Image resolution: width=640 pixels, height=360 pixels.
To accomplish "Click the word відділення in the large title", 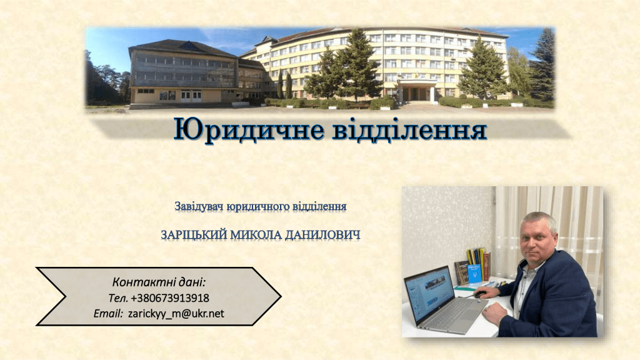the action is (x=410, y=130).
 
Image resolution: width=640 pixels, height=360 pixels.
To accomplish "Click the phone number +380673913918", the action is (x=170, y=298).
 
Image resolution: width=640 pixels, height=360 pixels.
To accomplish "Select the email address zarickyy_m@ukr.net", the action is (x=176, y=314).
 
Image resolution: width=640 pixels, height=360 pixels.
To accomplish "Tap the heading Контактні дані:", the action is (x=159, y=282).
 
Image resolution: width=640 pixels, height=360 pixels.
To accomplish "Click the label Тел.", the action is (x=118, y=298).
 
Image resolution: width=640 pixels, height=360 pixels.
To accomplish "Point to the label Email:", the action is (x=108, y=314).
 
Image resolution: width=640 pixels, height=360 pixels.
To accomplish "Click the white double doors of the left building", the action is (x=191, y=96).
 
